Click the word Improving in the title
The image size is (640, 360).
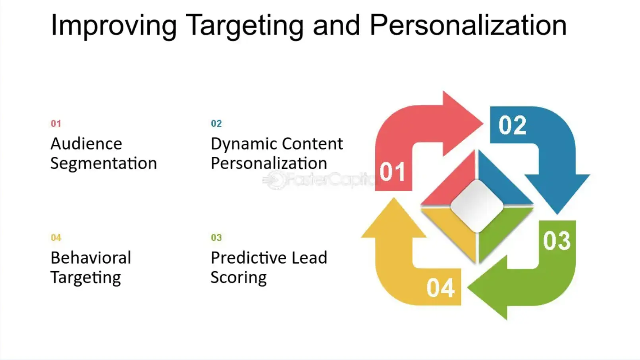[x=114, y=25]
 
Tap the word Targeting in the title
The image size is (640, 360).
[x=245, y=25]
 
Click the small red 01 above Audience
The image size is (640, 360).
[x=56, y=123]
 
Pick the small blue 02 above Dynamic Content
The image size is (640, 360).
[x=216, y=123]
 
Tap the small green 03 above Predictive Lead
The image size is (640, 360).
[x=216, y=237]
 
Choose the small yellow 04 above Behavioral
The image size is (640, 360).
[x=56, y=237]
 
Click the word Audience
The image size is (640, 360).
[x=86, y=144]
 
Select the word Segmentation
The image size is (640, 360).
[x=104, y=164]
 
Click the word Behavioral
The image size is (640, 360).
[x=91, y=258]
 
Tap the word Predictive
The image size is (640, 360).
[x=248, y=258]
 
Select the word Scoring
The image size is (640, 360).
[x=238, y=277]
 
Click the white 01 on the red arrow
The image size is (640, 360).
[x=392, y=172]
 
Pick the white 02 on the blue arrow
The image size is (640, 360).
[x=512, y=125]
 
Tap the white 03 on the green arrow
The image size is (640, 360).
[x=557, y=241]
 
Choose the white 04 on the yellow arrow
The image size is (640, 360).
[x=440, y=288]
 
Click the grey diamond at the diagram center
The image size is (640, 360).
[x=477, y=206]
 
